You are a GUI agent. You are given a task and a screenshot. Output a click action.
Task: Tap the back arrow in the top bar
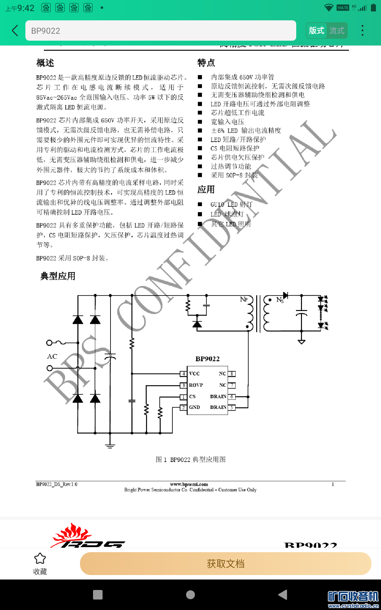coord(15,30)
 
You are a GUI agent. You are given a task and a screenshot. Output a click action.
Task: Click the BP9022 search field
coord(161,30)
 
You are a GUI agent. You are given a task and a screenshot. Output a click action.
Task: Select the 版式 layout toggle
coord(317,30)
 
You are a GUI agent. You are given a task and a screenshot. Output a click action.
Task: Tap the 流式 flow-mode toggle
coord(337,30)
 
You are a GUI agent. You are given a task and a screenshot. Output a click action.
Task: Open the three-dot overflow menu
coord(362,30)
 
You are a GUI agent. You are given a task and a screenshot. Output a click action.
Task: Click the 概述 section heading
coord(45,63)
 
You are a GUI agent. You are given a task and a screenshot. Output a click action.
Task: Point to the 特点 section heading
coord(206,63)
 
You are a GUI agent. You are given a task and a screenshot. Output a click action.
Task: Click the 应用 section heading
coord(206,190)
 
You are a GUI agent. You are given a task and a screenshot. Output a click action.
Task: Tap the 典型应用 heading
coord(58,276)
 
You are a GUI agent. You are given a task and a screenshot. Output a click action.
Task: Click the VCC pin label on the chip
coord(194,374)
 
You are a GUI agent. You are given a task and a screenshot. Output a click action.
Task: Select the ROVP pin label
coord(196,385)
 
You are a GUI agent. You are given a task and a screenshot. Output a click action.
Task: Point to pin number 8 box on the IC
coord(232,374)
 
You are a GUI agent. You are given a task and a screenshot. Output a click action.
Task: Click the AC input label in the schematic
coord(52,356)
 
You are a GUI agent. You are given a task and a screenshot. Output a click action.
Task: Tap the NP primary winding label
coord(244,299)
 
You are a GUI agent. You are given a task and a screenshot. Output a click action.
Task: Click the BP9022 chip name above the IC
coord(207,359)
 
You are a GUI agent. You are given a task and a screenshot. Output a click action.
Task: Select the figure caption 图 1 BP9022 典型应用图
coord(190,459)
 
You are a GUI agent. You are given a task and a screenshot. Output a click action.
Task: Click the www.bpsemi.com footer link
coord(189,484)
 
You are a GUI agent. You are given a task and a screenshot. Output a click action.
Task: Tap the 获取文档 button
coord(225,564)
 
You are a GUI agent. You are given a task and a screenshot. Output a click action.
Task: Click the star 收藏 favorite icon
coord(40,559)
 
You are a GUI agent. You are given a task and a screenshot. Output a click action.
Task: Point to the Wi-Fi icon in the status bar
coord(329,8)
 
